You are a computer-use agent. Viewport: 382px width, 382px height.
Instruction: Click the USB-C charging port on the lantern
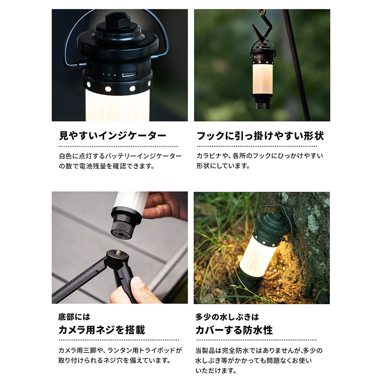click(129, 74)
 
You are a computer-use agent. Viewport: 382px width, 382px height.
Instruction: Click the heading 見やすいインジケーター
click(113, 136)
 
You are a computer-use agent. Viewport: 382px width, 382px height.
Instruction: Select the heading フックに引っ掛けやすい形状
click(260, 136)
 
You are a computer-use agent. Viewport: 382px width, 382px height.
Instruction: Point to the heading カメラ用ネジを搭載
click(102, 330)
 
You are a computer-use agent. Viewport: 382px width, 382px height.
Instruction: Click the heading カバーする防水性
click(234, 330)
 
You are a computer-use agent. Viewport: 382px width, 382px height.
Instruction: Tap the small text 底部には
click(74, 317)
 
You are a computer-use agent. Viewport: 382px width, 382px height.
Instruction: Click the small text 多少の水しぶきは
click(227, 317)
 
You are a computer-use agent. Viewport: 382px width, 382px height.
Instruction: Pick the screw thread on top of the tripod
click(119, 252)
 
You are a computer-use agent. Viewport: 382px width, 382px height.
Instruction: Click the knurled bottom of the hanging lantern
click(262, 106)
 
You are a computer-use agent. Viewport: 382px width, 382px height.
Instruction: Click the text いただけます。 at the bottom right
click(216, 371)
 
